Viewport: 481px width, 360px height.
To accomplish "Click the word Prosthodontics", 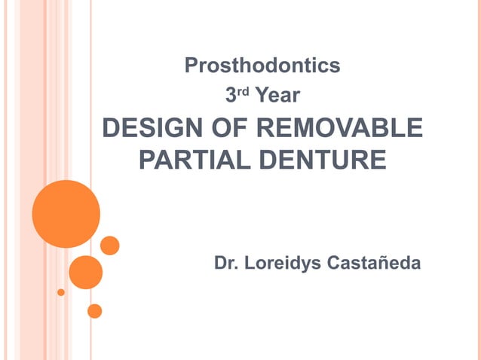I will (x=262, y=66).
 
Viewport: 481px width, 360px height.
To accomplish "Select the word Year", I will (x=278, y=96).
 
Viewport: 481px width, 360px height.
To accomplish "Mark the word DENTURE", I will (x=323, y=160).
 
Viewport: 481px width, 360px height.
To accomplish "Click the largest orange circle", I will (x=66, y=214).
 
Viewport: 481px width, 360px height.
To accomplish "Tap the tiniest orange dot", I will (x=61, y=292).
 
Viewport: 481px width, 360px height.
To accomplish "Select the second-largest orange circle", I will (x=85, y=272).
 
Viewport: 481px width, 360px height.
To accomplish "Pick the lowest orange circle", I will (x=95, y=310).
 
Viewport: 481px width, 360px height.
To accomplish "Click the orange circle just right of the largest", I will (x=110, y=246).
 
